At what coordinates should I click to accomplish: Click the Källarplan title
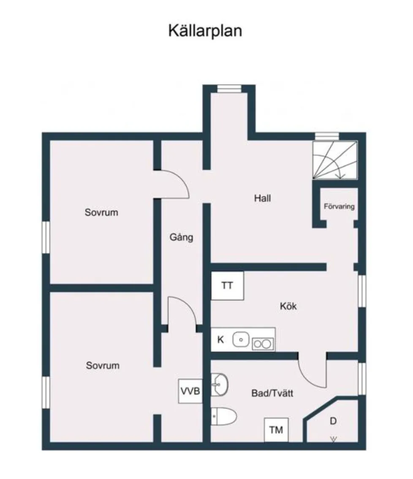205,31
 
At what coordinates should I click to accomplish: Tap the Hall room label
262,198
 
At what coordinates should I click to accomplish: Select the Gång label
181,237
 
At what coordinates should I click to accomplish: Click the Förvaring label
339,207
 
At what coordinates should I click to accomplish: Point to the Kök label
288,306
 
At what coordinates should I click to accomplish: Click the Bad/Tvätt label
272,394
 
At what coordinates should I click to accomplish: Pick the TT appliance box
227,286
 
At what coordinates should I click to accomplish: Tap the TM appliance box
276,430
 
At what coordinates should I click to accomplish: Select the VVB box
190,391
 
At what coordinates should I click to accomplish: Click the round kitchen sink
241,339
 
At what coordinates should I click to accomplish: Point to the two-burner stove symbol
262,344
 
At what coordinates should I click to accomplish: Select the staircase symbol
334,160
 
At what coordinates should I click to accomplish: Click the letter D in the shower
333,421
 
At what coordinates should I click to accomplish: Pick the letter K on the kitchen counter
220,339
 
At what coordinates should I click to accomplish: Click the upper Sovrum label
101,212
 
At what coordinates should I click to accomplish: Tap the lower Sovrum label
103,365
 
